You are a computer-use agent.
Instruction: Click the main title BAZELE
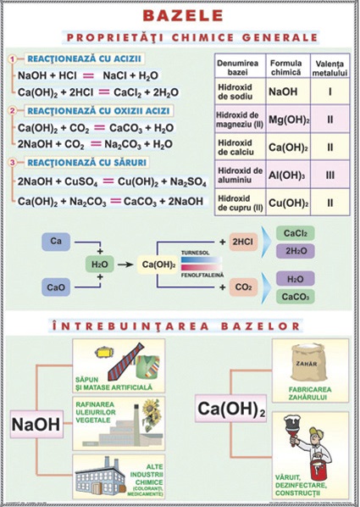(x=179, y=16)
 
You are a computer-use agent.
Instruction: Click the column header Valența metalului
(x=330, y=65)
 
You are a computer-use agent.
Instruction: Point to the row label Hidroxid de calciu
(x=240, y=147)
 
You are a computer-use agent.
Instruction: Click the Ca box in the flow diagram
(x=56, y=243)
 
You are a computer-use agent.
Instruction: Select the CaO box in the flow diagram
(x=56, y=287)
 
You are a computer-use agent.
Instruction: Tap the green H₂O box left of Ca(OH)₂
(x=100, y=265)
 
